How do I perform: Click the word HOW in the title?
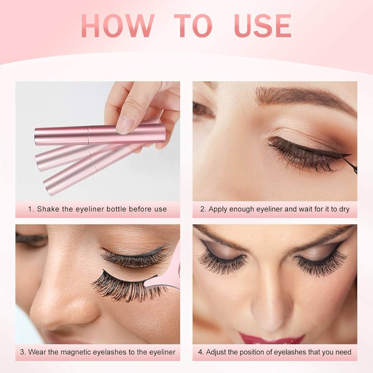(x=117, y=26)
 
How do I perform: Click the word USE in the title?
(x=263, y=26)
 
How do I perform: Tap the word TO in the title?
(x=193, y=26)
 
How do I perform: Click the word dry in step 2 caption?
(x=344, y=209)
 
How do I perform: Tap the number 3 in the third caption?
(x=22, y=352)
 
